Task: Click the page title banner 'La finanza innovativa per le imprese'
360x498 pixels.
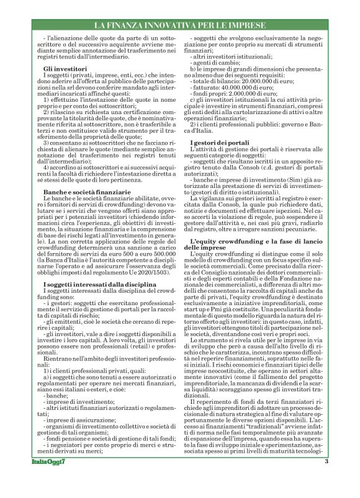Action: click(x=179, y=25)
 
